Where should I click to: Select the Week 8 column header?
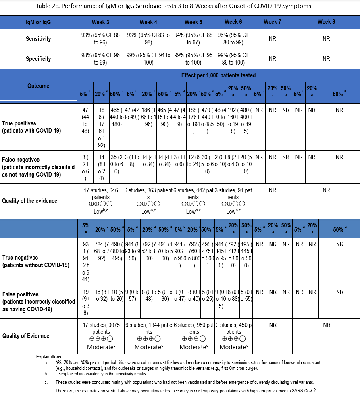click(326, 22)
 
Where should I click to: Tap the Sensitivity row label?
click(39, 39)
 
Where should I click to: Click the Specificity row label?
click(39, 59)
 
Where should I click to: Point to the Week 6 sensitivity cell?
click(233, 38)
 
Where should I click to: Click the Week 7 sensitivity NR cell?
click(272, 39)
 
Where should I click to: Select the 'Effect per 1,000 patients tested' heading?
click(218, 75)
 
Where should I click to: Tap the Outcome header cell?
click(39, 85)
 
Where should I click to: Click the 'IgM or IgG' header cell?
click(39, 22)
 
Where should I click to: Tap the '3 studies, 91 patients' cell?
click(233, 200)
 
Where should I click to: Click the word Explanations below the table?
click(49, 357)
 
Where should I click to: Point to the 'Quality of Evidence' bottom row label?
click(26, 336)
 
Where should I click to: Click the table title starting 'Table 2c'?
click(180, 6)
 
